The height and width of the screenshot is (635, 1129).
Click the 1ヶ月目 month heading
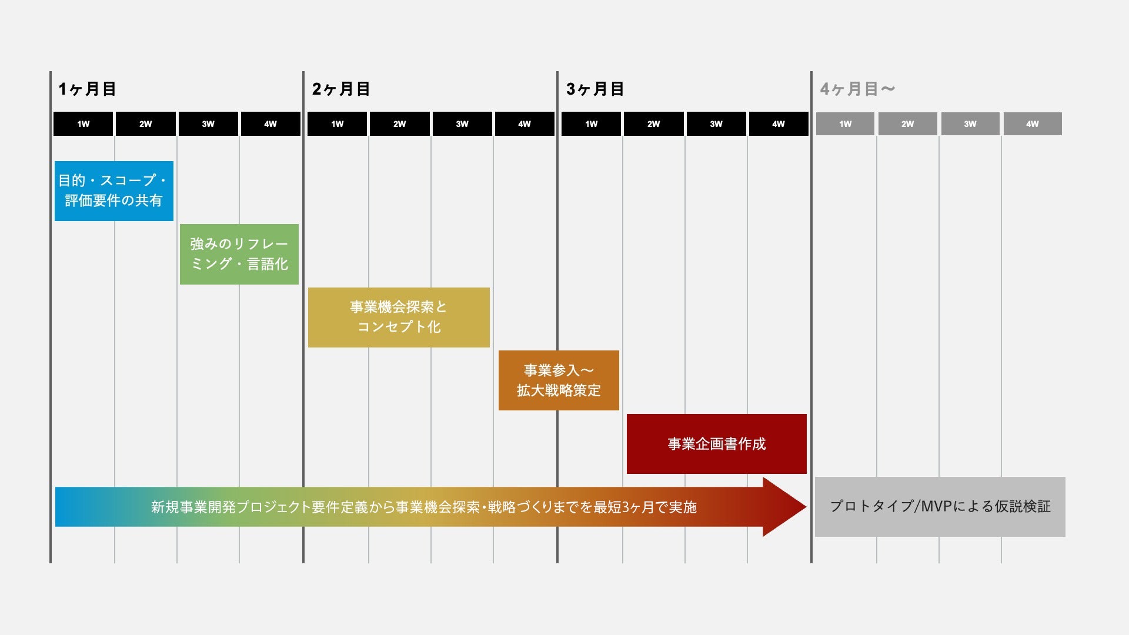tap(87, 89)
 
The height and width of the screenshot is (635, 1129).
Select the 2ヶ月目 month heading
tap(341, 89)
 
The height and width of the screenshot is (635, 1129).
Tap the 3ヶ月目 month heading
tap(595, 89)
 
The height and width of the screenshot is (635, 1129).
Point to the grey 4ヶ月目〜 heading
tap(857, 89)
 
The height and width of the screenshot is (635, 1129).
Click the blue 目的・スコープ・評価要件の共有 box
tap(114, 191)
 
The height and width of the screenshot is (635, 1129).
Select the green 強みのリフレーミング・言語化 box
tap(239, 254)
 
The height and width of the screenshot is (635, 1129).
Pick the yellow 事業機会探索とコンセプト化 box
tap(399, 317)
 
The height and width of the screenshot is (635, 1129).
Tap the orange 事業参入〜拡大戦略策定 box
tap(559, 380)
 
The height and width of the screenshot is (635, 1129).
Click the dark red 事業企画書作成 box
tap(716, 444)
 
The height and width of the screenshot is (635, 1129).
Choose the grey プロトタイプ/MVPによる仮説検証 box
tap(940, 507)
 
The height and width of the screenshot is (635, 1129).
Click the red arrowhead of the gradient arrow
tap(785, 507)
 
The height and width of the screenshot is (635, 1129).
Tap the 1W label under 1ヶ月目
tap(83, 124)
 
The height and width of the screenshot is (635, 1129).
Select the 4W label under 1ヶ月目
tap(270, 124)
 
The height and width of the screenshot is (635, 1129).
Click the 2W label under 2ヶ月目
tap(400, 124)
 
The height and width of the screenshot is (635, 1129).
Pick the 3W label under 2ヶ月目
tap(462, 124)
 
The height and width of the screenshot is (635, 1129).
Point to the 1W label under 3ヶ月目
tap(592, 124)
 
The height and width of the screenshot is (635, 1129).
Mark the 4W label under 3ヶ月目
tap(779, 124)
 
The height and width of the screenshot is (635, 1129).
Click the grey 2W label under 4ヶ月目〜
tap(908, 124)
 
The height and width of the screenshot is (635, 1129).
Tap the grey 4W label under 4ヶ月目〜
tap(1033, 124)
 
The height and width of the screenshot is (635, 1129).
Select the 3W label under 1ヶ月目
tap(208, 124)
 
